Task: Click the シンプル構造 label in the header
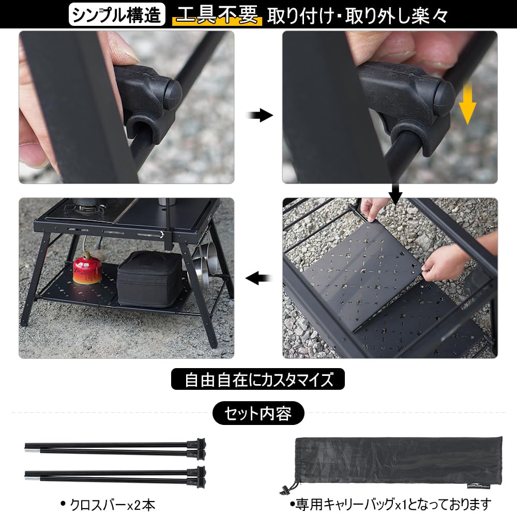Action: coord(117,14)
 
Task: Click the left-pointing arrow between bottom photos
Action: coord(258,279)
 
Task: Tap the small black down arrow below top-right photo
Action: coord(395,194)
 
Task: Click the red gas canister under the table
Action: coord(87,268)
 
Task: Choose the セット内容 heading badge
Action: coord(258,414)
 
